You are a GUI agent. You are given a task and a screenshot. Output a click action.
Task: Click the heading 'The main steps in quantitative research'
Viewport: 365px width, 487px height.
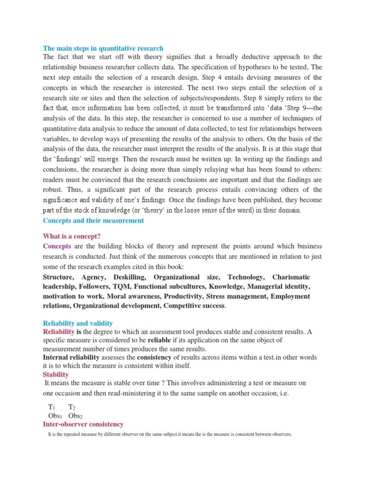click(103, 48)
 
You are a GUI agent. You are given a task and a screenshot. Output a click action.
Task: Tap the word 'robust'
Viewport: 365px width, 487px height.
click(52, 190)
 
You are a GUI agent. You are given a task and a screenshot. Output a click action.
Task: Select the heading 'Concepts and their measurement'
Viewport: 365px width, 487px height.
click(93, 221)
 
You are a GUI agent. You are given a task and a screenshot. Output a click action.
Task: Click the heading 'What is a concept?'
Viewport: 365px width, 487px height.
click(72, 236)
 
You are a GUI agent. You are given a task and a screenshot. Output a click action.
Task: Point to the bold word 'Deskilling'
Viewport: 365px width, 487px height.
click(130, 277)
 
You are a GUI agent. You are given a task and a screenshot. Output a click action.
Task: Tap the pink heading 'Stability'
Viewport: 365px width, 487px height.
click(56, 375)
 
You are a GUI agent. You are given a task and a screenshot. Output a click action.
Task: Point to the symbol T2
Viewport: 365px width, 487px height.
click(72, 407)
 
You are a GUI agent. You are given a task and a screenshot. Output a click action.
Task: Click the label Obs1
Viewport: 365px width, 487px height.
click(52, 416)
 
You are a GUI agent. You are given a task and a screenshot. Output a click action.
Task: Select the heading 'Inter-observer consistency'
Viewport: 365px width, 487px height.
click(83, 424)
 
